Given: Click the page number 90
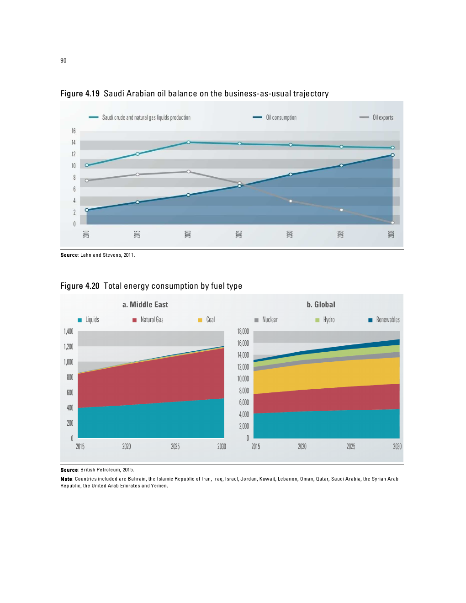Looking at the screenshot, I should click(x=63, y=60).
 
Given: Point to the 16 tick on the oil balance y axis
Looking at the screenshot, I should click(x=73, y=131).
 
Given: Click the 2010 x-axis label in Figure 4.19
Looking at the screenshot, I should click(x=86, y=234).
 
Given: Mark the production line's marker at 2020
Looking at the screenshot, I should click(x=189, y=143).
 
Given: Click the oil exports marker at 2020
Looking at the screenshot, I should click(x=189, y=172).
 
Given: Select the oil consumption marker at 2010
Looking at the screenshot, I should click(x=87, y=210).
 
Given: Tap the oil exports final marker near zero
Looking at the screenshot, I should click(x=392, y=222).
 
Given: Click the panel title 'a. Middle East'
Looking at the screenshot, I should click(x=145, y=305).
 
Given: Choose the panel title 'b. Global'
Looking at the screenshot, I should click(x=321, y=305).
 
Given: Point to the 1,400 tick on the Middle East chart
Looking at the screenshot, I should click(x=69, y=331).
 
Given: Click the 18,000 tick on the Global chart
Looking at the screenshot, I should click(x=243, y=331).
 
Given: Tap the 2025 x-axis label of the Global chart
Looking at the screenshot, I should click(x=351, y=446).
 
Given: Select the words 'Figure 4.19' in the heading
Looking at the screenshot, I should click(x=80, y=94).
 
